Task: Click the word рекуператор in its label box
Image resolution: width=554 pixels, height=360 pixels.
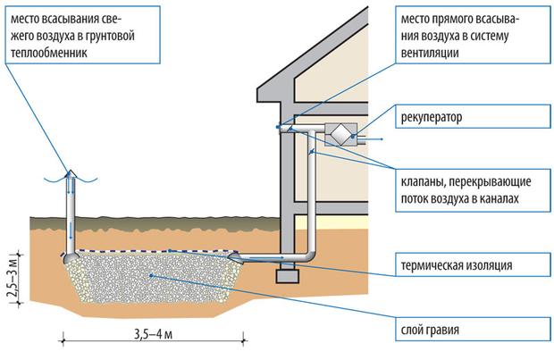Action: pos(432,117)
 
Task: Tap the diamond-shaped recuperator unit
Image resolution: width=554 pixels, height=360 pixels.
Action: pos(340,134)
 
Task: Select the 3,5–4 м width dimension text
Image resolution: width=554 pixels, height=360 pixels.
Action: pos(153,334)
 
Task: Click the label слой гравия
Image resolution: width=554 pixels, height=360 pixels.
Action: pos(430,330)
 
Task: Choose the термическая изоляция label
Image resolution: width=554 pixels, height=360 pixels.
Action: pos(456,265)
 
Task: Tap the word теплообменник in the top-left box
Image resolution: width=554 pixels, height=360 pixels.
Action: pos(49,54)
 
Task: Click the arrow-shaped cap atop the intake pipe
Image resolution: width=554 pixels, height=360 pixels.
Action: pos(71,174)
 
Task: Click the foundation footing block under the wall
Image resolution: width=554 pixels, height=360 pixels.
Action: pos(287,276)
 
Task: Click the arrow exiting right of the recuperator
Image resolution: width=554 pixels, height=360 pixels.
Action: pos(372,139)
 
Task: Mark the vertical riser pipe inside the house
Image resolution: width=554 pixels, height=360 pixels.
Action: pos(311,191)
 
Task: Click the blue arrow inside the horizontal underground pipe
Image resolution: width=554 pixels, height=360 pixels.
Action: pos(266,258)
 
